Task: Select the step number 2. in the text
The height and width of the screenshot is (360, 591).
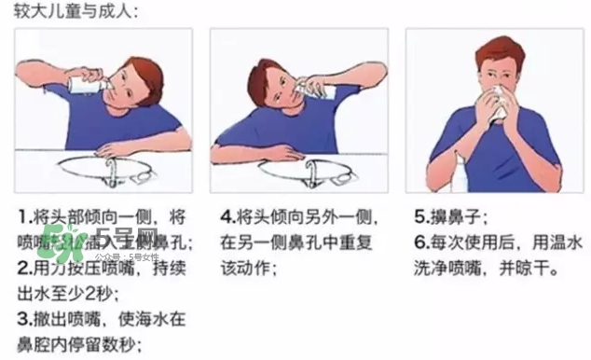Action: tap(25, 268)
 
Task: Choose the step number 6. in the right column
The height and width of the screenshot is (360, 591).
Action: tap(421, 242)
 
